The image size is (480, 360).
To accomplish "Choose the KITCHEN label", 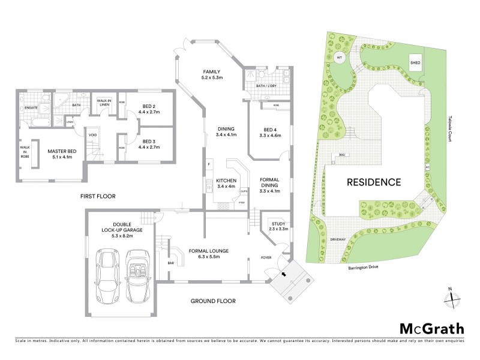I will [227, 181].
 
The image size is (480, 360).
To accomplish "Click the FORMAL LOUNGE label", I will [209, 250].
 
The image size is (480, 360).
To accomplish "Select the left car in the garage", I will [109, 274].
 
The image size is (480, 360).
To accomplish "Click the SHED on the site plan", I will [415, 62].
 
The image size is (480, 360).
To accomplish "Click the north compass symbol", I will [453, 298].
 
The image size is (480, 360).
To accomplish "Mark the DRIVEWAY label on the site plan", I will [337, 239].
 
